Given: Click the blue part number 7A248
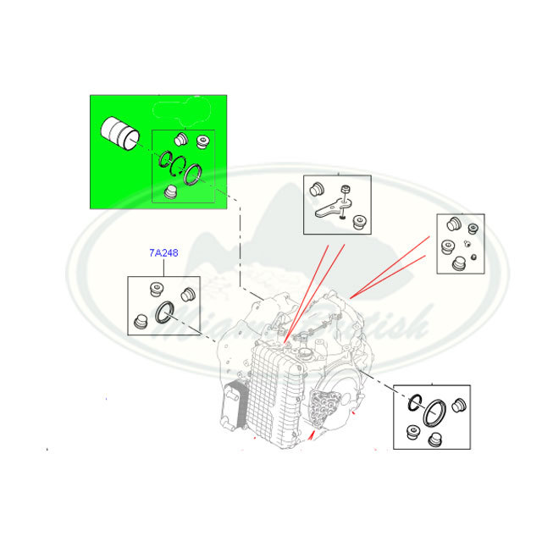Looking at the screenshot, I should [x=163, y=252].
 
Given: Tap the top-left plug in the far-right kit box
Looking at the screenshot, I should [x=451, y=224].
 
